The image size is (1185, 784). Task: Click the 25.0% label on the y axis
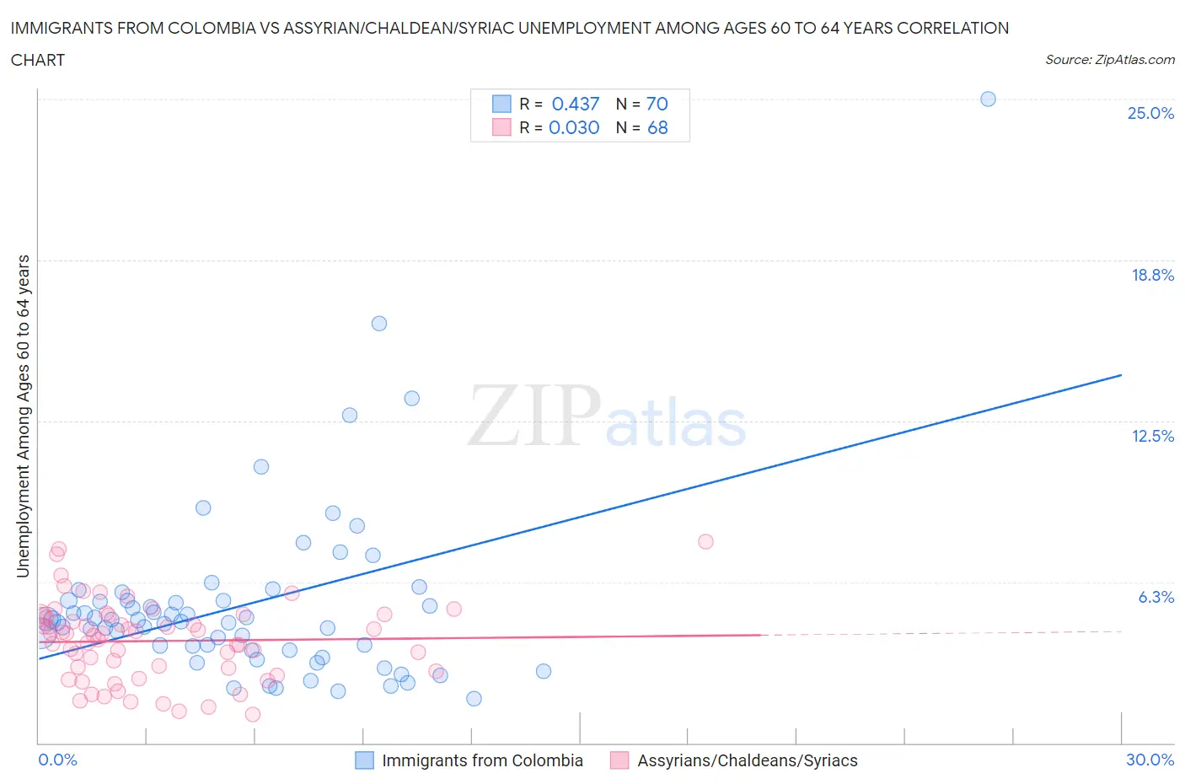(1150, 113)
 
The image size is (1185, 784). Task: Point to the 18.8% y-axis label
(1152, 275)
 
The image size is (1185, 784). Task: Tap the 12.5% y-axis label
(1152, 436)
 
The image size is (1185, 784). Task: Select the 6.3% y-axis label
(1156, 597)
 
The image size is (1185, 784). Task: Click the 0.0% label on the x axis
(57, 760)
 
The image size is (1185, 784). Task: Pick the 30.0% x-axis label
(1150, 760)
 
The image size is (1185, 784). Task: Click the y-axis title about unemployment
(23, 416)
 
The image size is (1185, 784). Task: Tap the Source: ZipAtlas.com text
(1109, 60)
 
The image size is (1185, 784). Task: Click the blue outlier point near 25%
(988, 99)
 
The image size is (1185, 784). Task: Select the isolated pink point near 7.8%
(705, 541)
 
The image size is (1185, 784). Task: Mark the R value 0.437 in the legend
(575, 104)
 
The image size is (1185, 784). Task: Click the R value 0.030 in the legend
(574, 127)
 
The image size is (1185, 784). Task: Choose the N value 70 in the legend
(657, 104)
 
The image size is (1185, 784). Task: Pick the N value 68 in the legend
(657, 127)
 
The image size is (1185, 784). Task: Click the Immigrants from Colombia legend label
(482, 760)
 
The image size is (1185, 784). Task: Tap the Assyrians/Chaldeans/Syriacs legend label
(747, 760)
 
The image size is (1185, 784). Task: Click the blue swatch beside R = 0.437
(501, 104)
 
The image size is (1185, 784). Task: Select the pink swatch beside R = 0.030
(501, 127)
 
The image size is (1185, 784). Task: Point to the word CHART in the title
(38, 60)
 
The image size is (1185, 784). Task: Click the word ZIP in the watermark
(534, 416)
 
